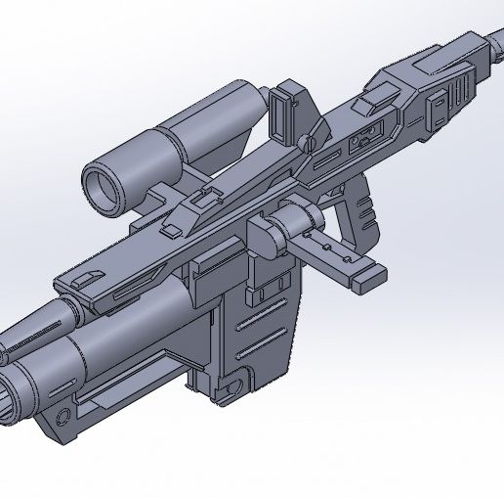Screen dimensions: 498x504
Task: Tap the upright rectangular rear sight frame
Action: coord(285,113)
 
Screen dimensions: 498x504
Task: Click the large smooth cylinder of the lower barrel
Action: coord(117,338)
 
